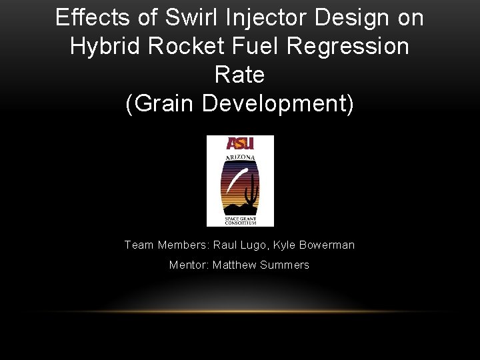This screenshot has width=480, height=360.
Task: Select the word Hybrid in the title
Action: coord(102,46)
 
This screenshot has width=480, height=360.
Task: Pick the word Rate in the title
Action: coord(240,75)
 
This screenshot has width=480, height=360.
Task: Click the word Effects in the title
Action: coord(83,17)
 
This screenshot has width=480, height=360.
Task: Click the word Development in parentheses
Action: coord(275,103)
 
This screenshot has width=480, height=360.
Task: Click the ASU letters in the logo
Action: coord(239,143)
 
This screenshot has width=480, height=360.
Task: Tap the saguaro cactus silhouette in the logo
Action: coord(252,197)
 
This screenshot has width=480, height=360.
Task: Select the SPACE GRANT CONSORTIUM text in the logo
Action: coord(240,220)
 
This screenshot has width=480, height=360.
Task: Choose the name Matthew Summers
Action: coord(261,265)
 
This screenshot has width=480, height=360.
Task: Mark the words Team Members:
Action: coord(166,245)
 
